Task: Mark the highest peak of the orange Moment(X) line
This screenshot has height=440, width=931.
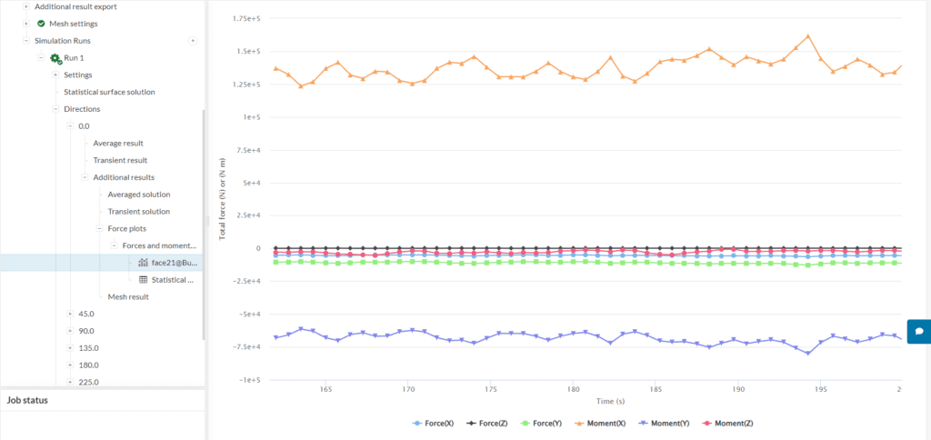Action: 808,36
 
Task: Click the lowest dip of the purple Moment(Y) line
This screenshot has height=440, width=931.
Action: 808,354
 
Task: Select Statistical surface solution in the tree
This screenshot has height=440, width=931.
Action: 109,92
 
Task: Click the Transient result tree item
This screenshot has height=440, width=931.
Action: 120,160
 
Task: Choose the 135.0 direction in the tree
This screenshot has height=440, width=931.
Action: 86,347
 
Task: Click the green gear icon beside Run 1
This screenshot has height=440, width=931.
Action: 55,58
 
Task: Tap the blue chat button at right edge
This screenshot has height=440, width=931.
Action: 918,332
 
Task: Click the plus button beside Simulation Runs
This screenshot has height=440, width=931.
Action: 192,41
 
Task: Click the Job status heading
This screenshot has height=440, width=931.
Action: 27,400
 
